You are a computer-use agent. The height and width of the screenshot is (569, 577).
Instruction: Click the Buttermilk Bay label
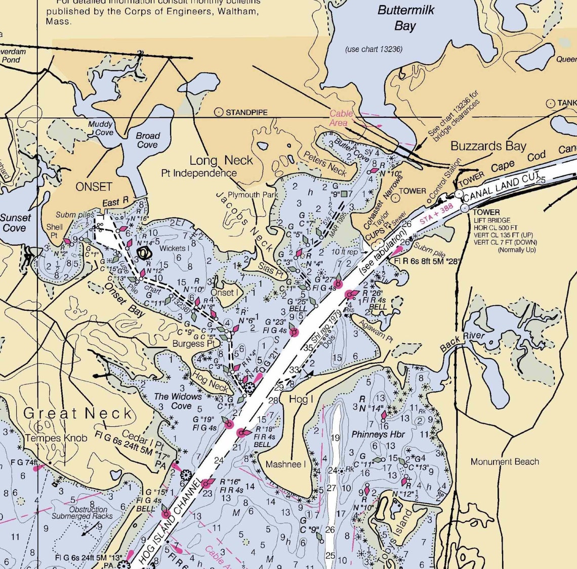coord(405,18)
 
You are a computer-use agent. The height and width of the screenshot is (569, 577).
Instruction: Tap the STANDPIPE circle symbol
coord(219,112)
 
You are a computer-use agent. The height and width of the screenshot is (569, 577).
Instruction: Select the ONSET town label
coord(94,186)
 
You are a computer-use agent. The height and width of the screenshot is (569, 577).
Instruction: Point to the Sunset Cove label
coord(15,223)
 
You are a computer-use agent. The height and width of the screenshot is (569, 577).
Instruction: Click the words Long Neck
coord(221,160)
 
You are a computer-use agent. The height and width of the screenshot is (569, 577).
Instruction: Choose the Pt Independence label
coord(199,173)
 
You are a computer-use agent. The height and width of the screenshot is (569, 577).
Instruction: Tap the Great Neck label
coord(78,413)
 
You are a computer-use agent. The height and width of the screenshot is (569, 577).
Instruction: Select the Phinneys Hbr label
coord(378,434)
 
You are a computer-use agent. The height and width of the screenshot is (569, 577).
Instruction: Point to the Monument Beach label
coord(505,461)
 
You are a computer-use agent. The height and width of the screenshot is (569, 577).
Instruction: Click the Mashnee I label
coord(286,464)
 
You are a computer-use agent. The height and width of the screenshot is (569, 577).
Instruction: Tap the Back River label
coord(462,342)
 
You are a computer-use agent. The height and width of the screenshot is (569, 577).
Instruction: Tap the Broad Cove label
coord(147,140)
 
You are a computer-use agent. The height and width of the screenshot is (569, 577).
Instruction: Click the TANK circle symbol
coord(550,103)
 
